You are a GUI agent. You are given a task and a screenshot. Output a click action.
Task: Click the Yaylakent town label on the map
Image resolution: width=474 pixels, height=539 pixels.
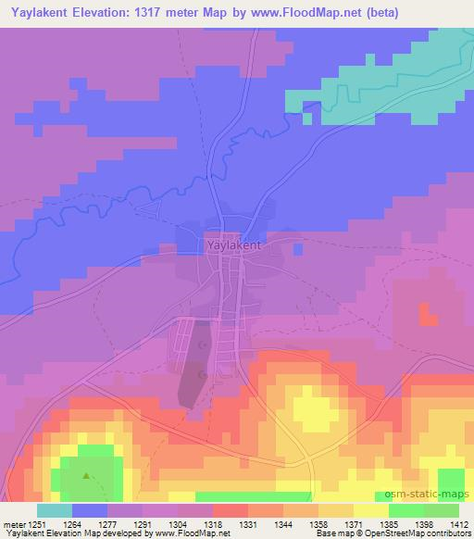tap(231, 246)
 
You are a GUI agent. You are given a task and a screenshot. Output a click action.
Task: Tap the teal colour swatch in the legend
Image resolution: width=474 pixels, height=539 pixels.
tap(54, 509)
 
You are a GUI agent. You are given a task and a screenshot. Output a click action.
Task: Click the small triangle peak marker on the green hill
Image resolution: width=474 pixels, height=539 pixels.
tap(87, 478)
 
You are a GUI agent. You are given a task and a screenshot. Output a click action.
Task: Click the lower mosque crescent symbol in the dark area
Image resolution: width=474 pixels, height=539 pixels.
tap(203, 375)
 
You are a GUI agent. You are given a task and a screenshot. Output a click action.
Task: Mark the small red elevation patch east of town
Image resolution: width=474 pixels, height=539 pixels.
tap(427, 314)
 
